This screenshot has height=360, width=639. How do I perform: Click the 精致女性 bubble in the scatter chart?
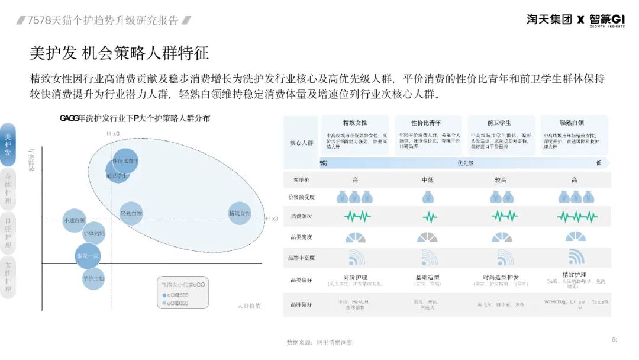point(240,213)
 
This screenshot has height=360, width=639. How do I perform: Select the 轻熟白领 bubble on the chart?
point(131,213)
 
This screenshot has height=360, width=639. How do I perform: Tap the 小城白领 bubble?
point(75,221)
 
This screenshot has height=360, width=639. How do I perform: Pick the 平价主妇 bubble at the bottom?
point(93,278)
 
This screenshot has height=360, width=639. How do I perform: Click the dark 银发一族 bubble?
point(88,255)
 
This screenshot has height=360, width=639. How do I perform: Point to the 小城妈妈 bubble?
point(93,233)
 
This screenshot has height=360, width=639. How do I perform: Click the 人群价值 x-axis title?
point(248,306)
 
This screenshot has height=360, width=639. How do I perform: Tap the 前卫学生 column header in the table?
point(499,123)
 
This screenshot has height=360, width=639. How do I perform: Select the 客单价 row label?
point(301,179)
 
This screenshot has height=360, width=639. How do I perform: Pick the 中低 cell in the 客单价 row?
point(428,179)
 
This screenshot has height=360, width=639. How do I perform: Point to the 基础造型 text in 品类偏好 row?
point(428,277)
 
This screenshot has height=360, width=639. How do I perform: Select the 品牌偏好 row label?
point(301,304)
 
